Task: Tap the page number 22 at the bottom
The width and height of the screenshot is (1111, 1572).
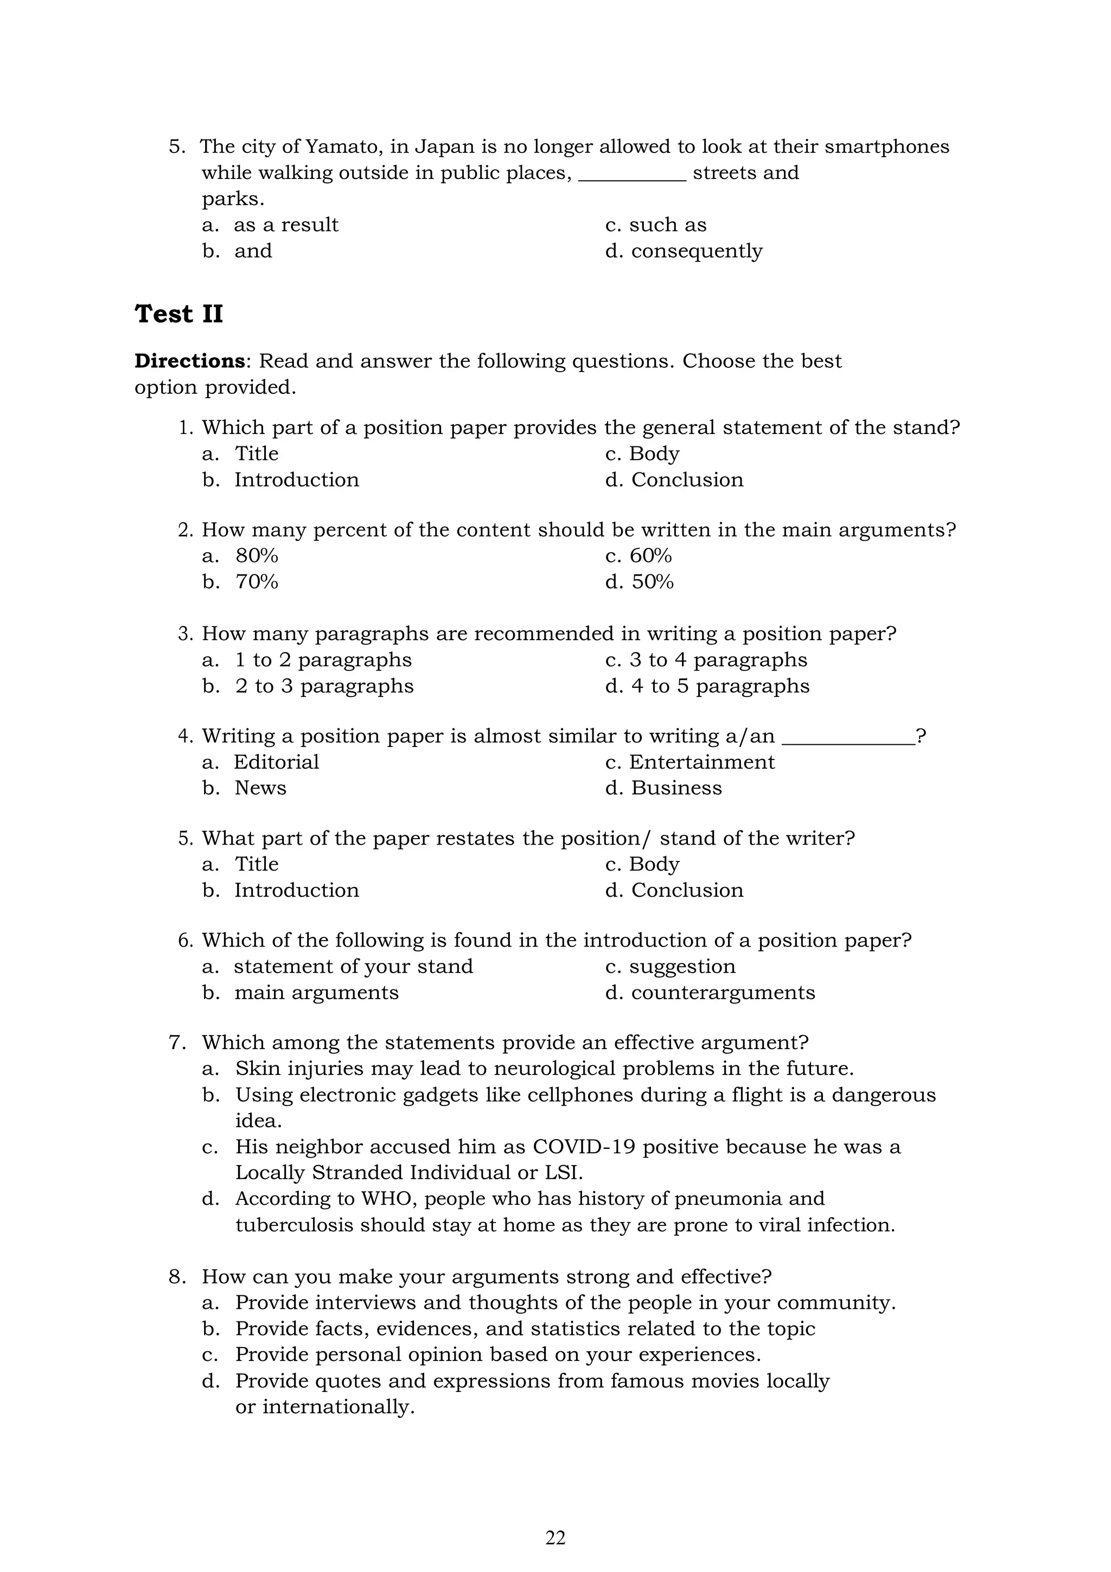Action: pos(555,1538)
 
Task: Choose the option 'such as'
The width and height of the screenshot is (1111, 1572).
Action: pos(667,225)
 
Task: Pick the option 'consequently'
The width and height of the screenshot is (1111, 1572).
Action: pos(696,251)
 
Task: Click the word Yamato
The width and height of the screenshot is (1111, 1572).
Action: pos(343,146)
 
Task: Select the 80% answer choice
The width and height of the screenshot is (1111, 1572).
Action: pos(257,555)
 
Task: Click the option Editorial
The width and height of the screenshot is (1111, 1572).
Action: pos(277,762)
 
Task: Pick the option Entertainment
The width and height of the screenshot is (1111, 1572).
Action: pos(701,762)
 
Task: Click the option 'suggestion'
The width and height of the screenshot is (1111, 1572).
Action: pos(682,967)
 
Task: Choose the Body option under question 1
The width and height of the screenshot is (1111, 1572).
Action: pos(654,453)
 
